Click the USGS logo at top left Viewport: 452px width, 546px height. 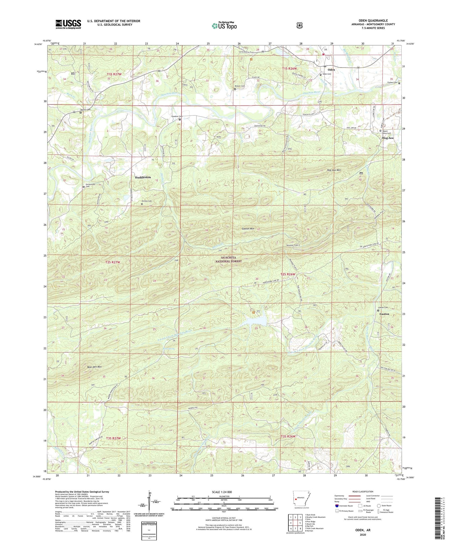(x=68, y=24)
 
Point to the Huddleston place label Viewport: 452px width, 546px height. (x=143, y=177)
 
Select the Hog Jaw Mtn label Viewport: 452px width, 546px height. (x=333, y=170)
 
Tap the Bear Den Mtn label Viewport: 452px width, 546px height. (x=86, y=367)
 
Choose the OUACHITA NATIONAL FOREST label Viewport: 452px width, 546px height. (x=229, y=259)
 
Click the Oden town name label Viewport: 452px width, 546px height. (x=331, y=70)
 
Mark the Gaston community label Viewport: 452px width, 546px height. (x=384, y=314)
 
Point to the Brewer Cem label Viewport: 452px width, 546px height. (x=240, y=86)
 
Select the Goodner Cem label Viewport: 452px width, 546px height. (x=177, y=116)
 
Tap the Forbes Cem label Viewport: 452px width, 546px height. (x=392, y=83)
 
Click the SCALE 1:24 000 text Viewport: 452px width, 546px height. (x=222, y=492)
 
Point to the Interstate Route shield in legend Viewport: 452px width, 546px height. (x=337, y=506)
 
